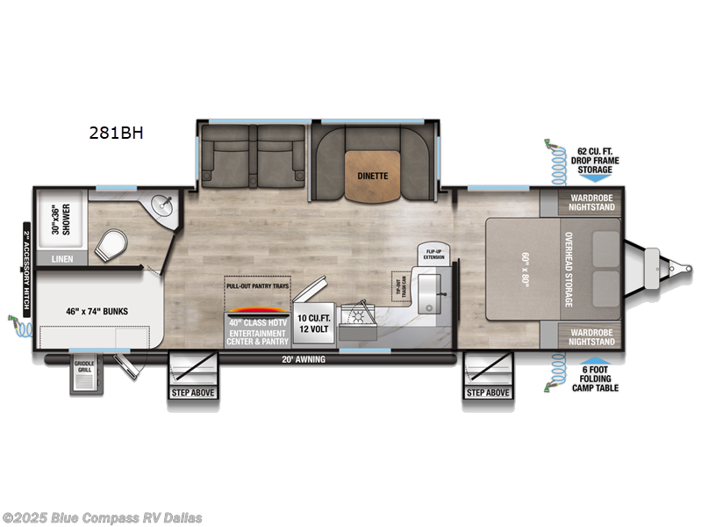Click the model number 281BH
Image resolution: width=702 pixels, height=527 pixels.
115,134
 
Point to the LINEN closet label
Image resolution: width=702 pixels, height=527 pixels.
63,258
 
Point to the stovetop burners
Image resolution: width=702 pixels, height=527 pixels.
361,319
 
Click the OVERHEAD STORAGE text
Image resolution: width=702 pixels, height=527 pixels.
569,269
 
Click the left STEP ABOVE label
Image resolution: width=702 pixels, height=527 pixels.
192,392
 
